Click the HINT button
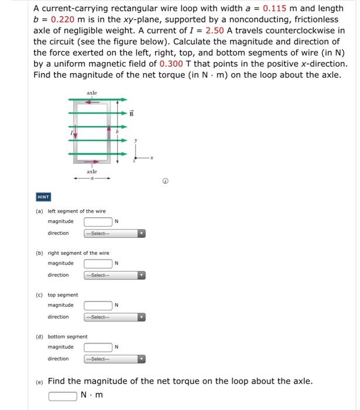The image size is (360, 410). (x=44, y=197)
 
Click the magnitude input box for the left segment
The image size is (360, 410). (x=98, y=221)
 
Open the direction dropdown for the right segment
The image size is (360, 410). (x=114, y=275)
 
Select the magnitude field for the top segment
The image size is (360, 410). (x=98, y=305)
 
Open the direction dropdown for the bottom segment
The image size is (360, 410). (x=114, y=359)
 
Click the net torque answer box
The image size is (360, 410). (x=63, y=395)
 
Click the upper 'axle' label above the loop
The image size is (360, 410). (x=92, y=93)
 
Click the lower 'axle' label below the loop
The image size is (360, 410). (x=92, y=172)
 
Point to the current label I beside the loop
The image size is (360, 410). (x=70, y=134)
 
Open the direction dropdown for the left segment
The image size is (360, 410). (x=114, y=233)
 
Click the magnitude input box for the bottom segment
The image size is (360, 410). (x=98, y=347)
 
